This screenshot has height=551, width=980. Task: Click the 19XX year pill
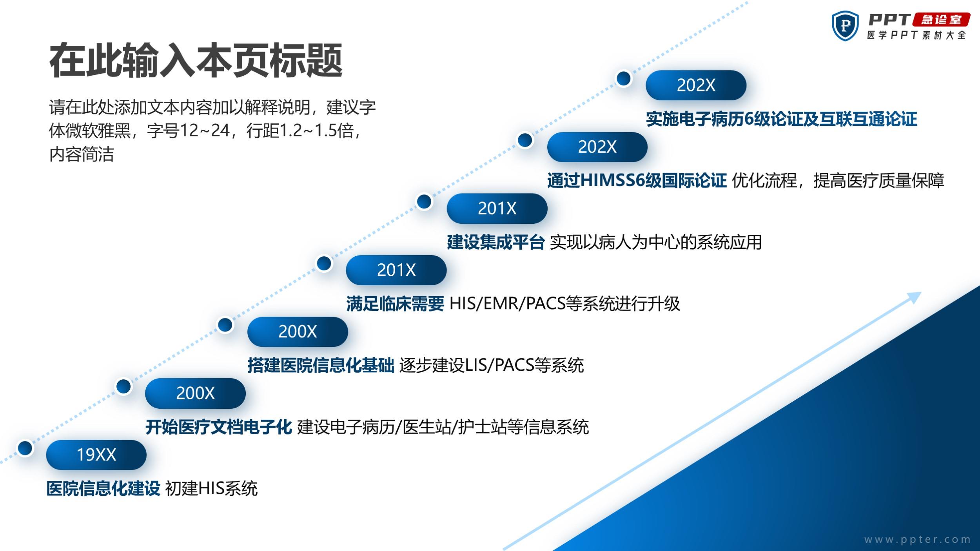pos(96,455)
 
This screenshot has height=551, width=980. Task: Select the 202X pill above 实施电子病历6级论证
pos(696,85)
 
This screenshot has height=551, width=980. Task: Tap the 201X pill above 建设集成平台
pos(497,208)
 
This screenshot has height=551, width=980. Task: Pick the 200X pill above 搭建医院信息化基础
pos(298,332)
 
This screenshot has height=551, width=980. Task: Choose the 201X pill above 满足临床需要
pos(396,270)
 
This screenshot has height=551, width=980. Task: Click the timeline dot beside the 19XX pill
pos(25,448)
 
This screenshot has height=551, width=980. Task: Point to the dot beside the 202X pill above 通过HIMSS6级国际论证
pos(525,140)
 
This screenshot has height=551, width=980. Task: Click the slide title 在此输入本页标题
pos(196,61)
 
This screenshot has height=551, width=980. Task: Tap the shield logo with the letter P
pos(845,25)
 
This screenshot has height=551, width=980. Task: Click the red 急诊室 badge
pos(941,20)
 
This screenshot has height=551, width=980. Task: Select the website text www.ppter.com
pos(917,539)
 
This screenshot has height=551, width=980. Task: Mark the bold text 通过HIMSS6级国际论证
pos(637,181)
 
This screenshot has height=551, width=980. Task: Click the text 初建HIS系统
pos(211,489)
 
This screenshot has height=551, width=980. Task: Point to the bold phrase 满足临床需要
pos(395,304)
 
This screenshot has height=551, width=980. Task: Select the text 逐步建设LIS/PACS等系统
pos(492,365)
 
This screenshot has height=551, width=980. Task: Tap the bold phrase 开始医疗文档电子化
pos(219,427)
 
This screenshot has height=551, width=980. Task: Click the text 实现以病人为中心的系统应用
pos(656,242)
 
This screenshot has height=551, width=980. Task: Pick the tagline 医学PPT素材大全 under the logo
pos(916,35)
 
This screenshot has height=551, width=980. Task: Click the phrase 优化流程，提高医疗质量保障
pos(838,181)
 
